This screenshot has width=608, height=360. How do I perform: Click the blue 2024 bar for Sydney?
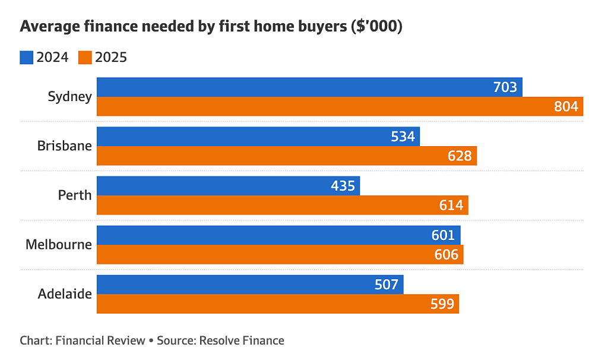[x=309, y=87]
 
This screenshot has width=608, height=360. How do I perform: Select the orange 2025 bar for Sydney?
[x=340, y=106]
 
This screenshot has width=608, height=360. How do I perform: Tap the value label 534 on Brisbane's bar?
[x=403, y=137]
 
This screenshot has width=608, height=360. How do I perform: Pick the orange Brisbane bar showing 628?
[x=287, y=156]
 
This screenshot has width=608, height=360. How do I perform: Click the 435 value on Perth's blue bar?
[x=343, y=186]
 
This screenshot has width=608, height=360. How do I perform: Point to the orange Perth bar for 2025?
[x=283, y=205]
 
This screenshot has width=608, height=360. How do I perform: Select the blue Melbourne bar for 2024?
[x=279, y=235]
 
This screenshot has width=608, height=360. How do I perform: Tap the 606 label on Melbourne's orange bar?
[x=446, y=254]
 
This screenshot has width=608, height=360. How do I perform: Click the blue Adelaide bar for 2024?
[x=250, y=285]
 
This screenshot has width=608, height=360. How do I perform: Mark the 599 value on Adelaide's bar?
[x=442, y=304]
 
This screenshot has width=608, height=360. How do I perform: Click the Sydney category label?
[x=70, y=97]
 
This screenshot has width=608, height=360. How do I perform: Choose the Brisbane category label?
[x=65, y=146]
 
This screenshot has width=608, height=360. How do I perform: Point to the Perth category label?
[x=75, y=195]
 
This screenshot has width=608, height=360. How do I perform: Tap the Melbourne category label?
[x=59, y=244]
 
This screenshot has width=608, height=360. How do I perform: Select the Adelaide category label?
[x=65, y=293]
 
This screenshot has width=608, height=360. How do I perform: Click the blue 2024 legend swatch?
[x=26, y=58]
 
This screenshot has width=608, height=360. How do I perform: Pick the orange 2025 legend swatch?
[x=85, y=58]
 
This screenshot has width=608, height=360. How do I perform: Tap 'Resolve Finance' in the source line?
[x=242, y=340]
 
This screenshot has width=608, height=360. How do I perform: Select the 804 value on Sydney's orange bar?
[x=566, y=106]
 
